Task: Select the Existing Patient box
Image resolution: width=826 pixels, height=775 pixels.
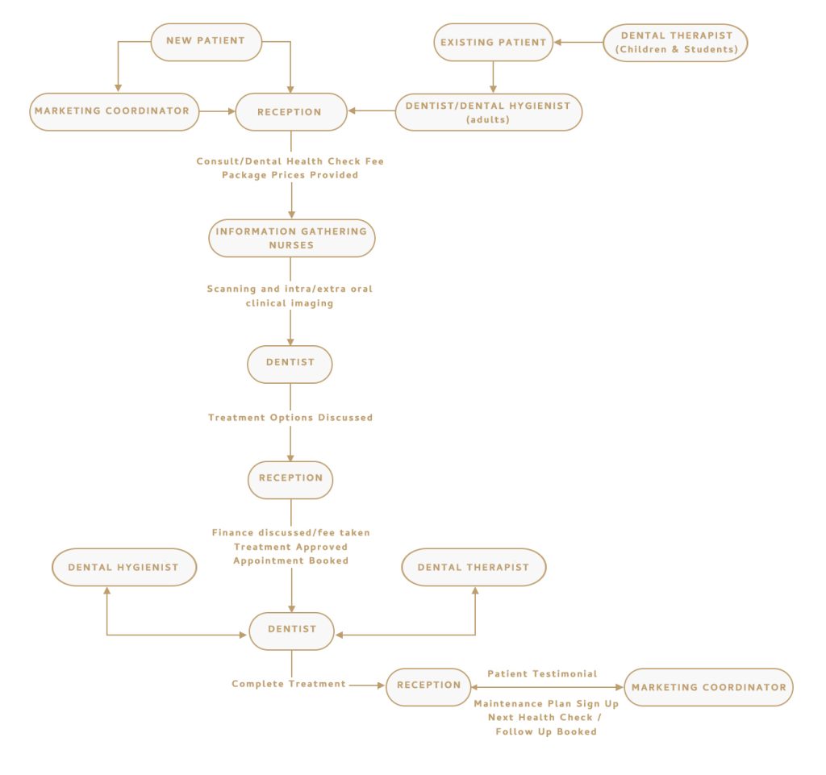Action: tap(493, 42)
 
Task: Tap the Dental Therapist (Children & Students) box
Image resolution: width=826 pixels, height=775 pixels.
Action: tap(676, 42)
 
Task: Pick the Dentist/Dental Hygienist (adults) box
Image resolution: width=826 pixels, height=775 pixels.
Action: tap(488, 111)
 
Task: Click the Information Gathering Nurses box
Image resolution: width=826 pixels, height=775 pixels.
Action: tap(291, 238)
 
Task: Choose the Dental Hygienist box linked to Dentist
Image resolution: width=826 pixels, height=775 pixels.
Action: tap(123, 568)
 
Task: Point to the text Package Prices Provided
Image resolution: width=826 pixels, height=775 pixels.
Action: tap(290, 175)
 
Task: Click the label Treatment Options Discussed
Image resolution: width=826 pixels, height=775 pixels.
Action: tap(290, 418)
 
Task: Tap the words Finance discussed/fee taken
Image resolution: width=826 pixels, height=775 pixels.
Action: tap(291, 533)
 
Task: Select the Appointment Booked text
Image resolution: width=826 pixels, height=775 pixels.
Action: tap(291, 560)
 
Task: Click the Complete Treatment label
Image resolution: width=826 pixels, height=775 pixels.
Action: tap(289, 684)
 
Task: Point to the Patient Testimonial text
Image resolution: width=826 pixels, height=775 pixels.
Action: tap(542, 673)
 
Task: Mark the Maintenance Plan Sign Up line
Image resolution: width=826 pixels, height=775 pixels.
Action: tap(546, 704)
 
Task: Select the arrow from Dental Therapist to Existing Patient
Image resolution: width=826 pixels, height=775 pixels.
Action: tap(580, 42)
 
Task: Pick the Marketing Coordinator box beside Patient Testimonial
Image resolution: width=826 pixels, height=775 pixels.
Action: tap(708, 687)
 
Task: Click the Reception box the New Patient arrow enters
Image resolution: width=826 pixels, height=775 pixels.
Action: tap(290, 111)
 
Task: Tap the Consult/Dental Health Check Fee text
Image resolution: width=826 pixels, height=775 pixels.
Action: tap(290, 161)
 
